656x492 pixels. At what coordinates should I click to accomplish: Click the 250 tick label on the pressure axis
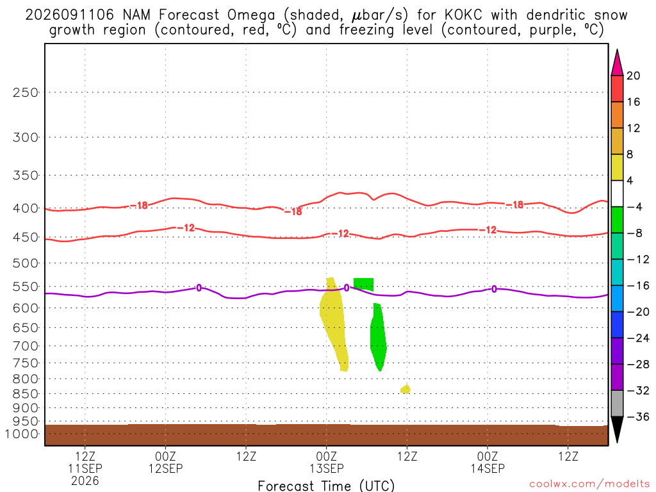tap(25, 92)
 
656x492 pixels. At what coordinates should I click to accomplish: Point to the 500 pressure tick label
tap(25, 263)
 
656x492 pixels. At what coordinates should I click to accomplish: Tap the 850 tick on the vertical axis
tap(25, 394)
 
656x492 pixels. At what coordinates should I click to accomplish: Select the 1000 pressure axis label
tap(22, 434)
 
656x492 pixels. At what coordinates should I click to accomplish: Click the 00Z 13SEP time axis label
tap(327, 463)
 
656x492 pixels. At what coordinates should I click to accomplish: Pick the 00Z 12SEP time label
tap(166, 463)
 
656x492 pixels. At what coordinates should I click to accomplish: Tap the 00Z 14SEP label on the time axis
tap(488, 463)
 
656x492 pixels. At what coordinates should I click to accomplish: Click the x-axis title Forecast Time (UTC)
tap(326, 486)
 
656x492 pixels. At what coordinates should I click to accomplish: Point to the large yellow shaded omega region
tap(333, 322)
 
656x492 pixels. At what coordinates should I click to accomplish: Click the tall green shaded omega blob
tap(378, 337)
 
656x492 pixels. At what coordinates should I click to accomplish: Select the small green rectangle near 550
tap(364, 284)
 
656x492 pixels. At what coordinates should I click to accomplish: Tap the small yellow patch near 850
tap(406, 389)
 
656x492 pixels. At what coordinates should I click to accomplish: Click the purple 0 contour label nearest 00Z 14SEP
tap(494, 289)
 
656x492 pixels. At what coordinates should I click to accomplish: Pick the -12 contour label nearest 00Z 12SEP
tap(186, 227)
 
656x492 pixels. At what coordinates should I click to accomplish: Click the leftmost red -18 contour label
tap(139, 205)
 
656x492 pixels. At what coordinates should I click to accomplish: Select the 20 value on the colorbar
tap(634, 76)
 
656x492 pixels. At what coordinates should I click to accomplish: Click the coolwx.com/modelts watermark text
tap(589, 484)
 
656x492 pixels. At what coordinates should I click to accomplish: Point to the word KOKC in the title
tap(464, 15)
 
